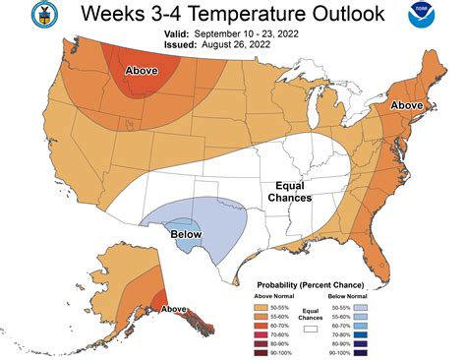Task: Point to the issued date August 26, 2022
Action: coord(221,45)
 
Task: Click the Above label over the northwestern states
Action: coord(146,71)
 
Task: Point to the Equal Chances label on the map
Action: coord(290,191)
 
